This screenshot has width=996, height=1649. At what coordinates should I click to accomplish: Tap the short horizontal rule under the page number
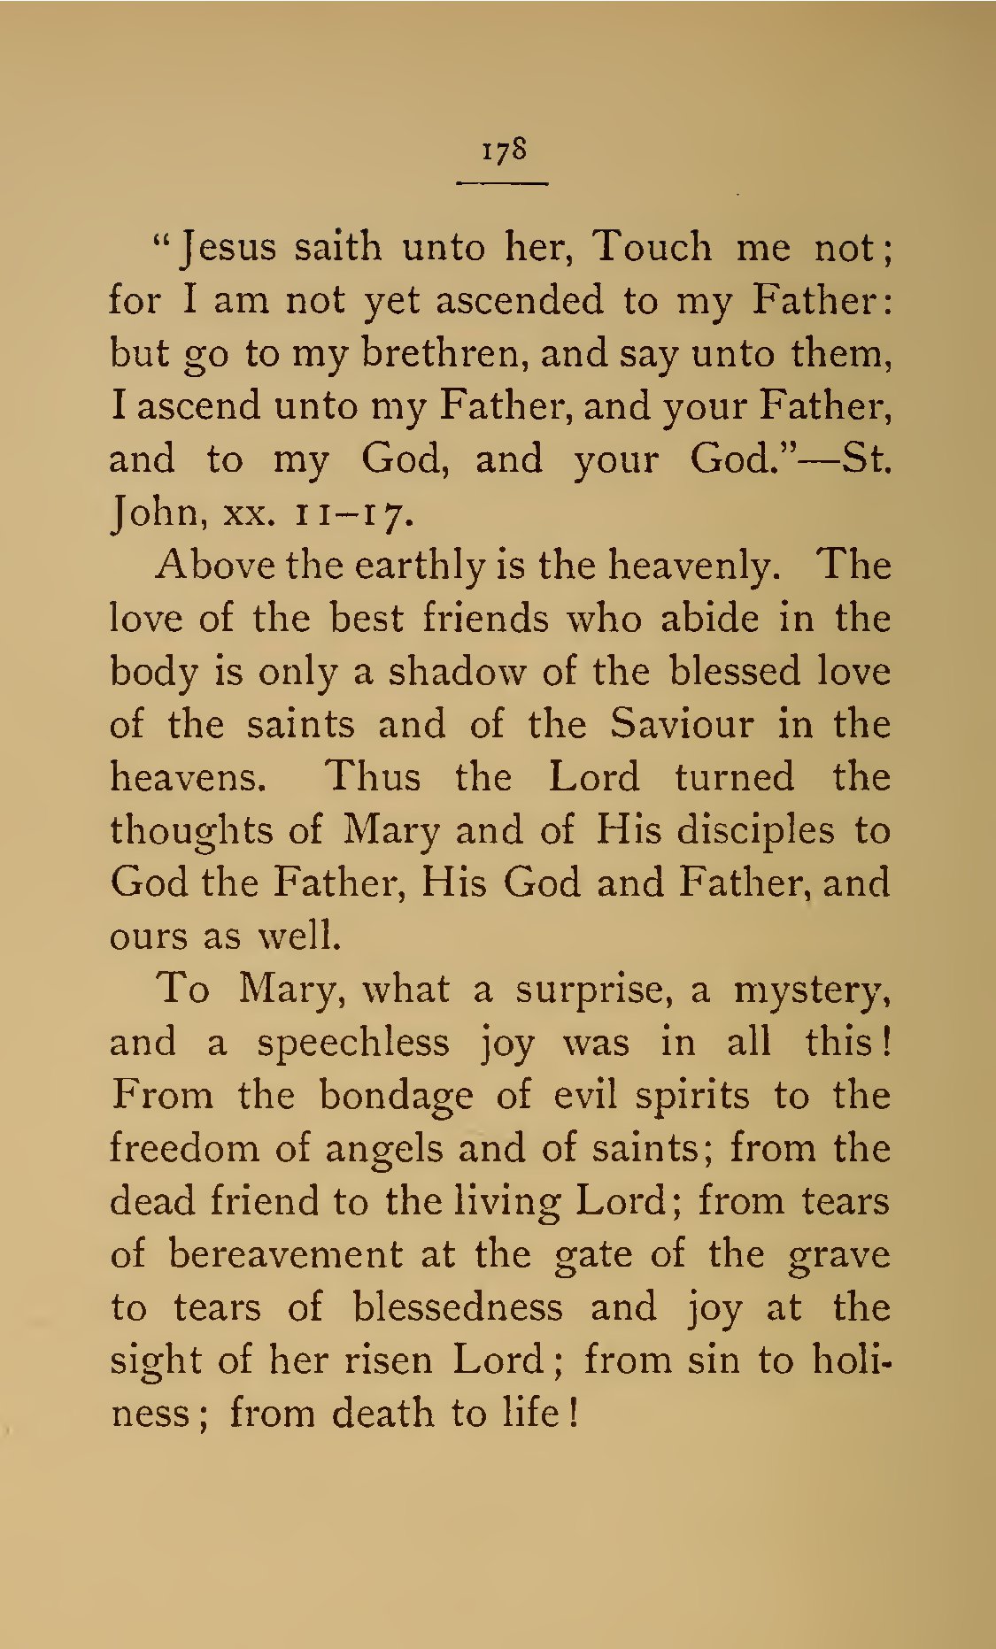click(x=502, y=183)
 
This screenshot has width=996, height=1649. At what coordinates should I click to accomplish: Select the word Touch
click(x=651, y=247)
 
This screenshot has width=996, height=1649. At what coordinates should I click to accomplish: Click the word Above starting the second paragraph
click(x=214, y=566)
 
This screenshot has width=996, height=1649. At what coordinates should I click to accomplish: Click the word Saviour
click(x=682, y=725)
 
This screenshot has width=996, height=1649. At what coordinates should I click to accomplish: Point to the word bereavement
click(x=285, y=1255)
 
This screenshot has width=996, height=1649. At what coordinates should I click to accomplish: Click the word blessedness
click(x=457, y=1308)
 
